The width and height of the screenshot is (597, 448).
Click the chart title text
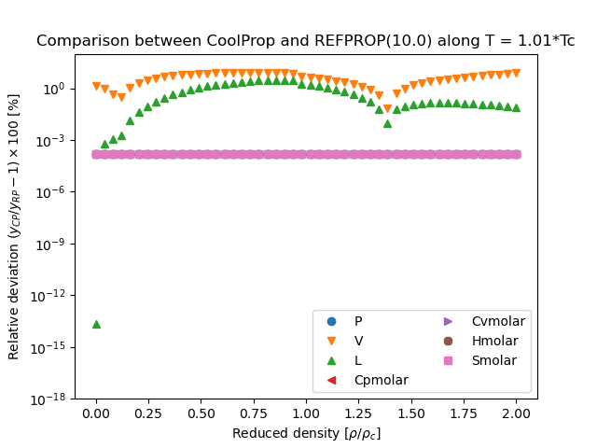tap(305, 41)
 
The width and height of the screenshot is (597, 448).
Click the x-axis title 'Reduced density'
tap(305, 433)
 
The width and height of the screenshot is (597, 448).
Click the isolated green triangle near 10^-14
tap(96, 324)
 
